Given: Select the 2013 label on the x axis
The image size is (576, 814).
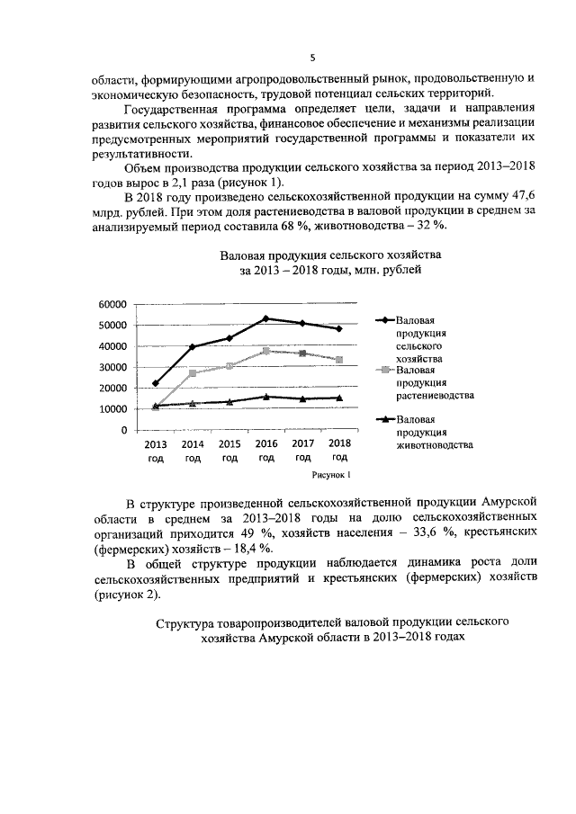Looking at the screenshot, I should pos(156,443).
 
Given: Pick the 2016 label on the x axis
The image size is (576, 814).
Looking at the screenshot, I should pos(266,443).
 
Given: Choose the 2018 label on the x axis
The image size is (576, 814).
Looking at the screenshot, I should pos(339,443).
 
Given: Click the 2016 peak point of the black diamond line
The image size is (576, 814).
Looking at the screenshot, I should pos(265,318).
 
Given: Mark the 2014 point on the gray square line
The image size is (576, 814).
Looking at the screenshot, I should pos(193,373).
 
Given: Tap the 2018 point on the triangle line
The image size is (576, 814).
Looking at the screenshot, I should pos(338,398).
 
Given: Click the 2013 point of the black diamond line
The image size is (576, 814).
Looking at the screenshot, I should pos(156,383).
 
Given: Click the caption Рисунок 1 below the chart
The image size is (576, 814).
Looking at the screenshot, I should pos(330,473).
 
